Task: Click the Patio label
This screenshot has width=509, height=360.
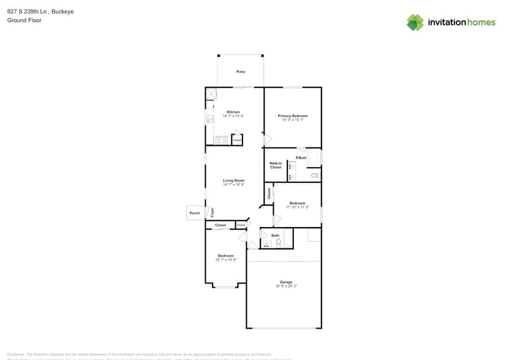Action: tap(241, 72)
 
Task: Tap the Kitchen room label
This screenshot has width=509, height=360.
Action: tap(233, 112)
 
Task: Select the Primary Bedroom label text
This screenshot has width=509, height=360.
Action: tap(292, 116)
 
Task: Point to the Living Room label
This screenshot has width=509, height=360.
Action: tap(233, 181)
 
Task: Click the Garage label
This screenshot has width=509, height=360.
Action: tap(286, 282)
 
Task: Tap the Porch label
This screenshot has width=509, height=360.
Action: tap(195, 213)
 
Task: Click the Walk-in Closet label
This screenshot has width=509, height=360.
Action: tap(276, 165)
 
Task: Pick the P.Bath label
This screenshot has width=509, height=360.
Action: tap(301, 158)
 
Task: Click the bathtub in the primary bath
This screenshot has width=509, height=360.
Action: tap(315, 159)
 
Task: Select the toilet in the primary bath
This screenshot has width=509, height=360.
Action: tap(315, 176)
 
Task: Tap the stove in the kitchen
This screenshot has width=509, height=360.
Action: tap(221, 140)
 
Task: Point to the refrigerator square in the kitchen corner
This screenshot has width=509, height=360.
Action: tap(212, 93)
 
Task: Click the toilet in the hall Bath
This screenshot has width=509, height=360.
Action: tap(279, 243)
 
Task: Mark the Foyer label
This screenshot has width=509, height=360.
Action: tap(213, 212)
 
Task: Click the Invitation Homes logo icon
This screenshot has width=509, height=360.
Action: tap(415, 22)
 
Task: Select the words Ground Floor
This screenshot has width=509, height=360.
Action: tap(21, 20)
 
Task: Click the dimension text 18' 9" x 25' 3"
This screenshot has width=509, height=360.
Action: tap(286, 286)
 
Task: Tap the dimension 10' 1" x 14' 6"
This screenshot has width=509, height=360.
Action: tap(225, 260)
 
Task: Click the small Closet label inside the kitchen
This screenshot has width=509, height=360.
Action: tap(237, 140)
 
